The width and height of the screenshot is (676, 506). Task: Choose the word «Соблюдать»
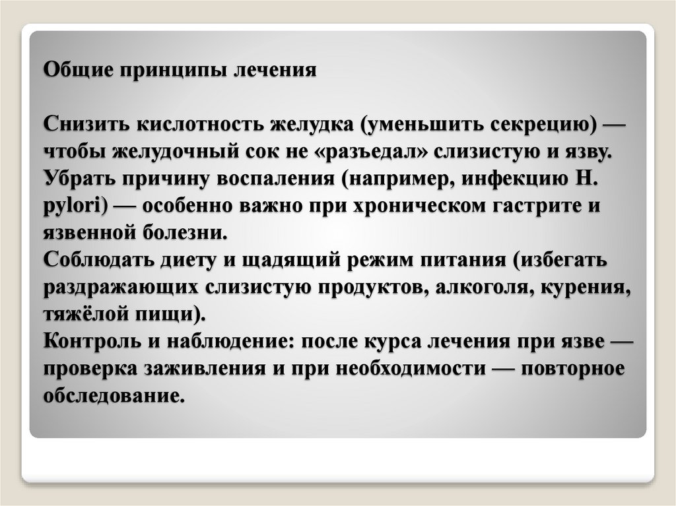click(x=100, y=261)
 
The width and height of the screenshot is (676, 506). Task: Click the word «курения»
click(x=586, y=288)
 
